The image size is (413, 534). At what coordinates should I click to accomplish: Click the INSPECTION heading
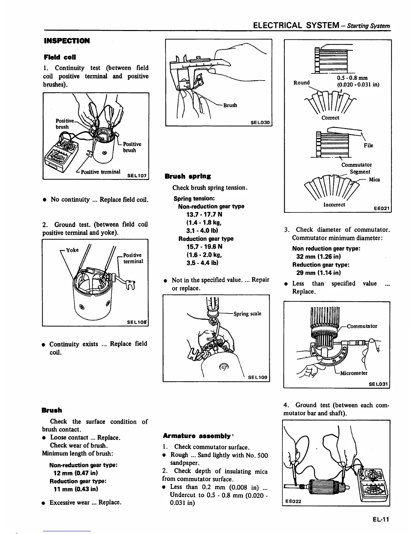pyautogui.click(x=67, y=41)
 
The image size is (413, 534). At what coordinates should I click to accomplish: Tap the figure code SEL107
pyautogui.click(x=137, y=175)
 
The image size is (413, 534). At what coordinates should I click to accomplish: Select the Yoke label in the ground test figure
pyautogui.click(x=72, y=250)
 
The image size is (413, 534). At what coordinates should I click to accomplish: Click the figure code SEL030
pyautogui.click(x=260, y=122)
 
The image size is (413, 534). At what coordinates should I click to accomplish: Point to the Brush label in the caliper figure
pyautogui.click(x=230, y=105)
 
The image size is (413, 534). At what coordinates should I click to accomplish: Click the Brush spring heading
pyautogui.click(x=188, y=176)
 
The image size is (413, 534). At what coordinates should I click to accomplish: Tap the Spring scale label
pyautogui.click(x=247, y=314)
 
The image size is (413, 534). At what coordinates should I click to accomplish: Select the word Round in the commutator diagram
pyautogui.click(x=301, y=83)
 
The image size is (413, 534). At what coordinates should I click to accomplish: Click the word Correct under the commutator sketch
pyautogui.click(x=330, y=118)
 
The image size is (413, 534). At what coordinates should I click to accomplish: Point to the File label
pyautogui.click(x=368, y=145)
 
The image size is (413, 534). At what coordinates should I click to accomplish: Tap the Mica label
pyautogui.click(x=374, y=179)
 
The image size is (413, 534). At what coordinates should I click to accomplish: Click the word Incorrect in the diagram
pyautogui.click(x=334, y=205)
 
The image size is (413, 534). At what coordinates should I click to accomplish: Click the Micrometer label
pyautogui.click(x=354, y=373)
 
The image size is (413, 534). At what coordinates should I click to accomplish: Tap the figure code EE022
pyautogui.click(x=293, y=501)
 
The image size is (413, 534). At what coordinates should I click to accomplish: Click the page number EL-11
pyautogui.click(x=381, y=519)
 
